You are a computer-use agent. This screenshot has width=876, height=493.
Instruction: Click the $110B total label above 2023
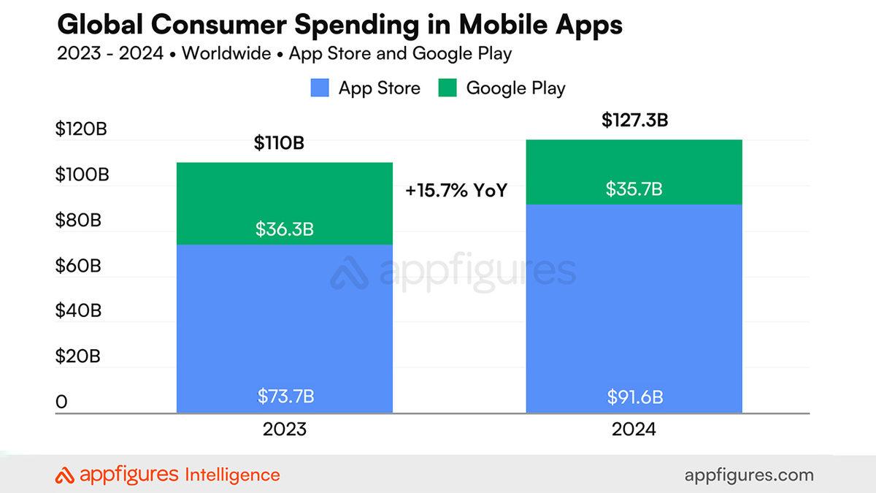279,143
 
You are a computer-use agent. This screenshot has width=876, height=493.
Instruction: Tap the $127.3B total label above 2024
634,121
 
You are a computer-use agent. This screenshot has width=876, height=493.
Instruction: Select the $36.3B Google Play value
285,229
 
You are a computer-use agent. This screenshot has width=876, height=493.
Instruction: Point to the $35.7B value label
634,189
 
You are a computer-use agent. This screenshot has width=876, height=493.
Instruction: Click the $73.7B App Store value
285,397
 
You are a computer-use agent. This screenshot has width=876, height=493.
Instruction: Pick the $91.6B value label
634,397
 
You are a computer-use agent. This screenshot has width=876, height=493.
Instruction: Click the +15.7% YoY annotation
456,191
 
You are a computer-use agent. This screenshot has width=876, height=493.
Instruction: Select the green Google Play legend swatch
447,88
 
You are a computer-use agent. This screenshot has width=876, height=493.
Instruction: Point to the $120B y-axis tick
81,130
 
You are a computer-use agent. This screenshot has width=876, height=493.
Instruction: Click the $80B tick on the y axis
78,221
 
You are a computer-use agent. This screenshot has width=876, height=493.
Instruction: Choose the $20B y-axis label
78,356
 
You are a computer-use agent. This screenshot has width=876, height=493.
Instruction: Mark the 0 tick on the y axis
61,402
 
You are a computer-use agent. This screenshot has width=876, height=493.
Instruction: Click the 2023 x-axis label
285,429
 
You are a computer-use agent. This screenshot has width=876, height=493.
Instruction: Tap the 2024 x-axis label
634,429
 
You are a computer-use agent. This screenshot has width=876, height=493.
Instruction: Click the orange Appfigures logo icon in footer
65,475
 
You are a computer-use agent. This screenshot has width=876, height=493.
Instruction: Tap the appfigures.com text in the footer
749,475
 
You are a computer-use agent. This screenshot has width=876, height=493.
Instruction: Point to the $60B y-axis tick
78,266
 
